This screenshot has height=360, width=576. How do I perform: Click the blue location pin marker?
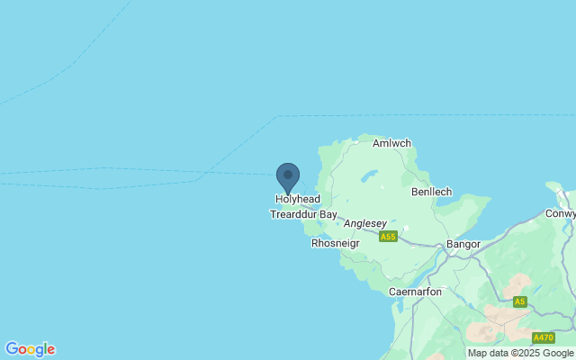(x=288, y=177)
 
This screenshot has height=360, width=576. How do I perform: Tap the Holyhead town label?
(x=297, y=200)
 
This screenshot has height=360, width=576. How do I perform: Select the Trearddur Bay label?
(x=303, y=215)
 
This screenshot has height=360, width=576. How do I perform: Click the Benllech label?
(x=430, y=193)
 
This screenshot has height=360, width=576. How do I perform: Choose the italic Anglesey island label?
(x=364, y=223)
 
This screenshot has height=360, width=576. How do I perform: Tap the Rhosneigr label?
(x=335, y=243)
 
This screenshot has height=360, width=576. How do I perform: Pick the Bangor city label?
(x=463, y=244)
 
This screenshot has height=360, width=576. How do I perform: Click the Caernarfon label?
(x=415, y=292)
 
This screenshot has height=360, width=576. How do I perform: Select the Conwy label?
(x=560, y=214)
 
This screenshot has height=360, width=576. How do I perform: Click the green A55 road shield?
(x=388, y=237)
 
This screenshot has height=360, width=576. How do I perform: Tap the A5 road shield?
(x=519, y=301)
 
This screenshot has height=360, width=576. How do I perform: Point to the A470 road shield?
(x=543, y=337)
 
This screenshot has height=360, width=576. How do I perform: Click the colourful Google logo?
(x=30, y=349)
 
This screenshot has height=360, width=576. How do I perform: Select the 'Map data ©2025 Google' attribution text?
(x=520, y=353)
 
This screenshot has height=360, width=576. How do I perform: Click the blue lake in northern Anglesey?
(x=370, y=176)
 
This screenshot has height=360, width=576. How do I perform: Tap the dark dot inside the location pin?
(x=288, y=174)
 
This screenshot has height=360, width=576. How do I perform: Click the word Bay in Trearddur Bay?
(x=327, y=215)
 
